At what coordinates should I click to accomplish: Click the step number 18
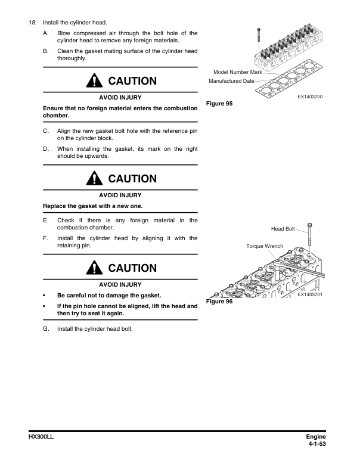(32, 22)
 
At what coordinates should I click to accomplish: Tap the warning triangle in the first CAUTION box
(95, 81)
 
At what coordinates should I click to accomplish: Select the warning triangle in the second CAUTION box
(95, 178)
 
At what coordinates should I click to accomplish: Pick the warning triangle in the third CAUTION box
(95, 268)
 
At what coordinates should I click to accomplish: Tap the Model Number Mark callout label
(237, 72)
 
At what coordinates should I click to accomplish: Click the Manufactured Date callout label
(232, 80)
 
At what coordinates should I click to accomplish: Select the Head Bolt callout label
(283, 228)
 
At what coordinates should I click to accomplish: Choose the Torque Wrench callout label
(264, 246)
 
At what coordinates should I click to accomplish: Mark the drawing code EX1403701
(309, 294)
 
